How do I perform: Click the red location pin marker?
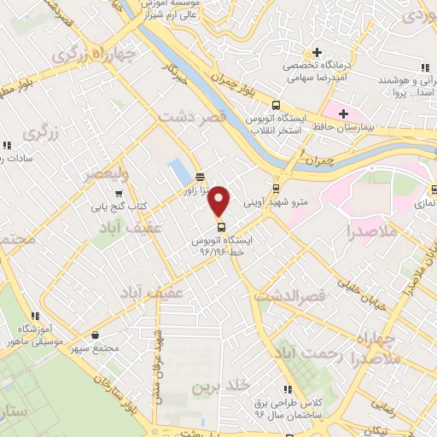pos(220,201)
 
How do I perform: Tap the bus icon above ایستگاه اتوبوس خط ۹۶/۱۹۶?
pos(222,227)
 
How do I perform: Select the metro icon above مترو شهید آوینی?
pos(276,189)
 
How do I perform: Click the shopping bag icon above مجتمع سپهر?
pos(93,334)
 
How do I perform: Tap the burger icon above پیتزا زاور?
pos(200,178)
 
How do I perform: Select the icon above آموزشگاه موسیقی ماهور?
pos(34,315)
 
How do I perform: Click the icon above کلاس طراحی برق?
pos(288,389)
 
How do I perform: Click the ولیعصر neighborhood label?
pos(105,174)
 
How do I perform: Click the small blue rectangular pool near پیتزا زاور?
pos(179,170)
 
